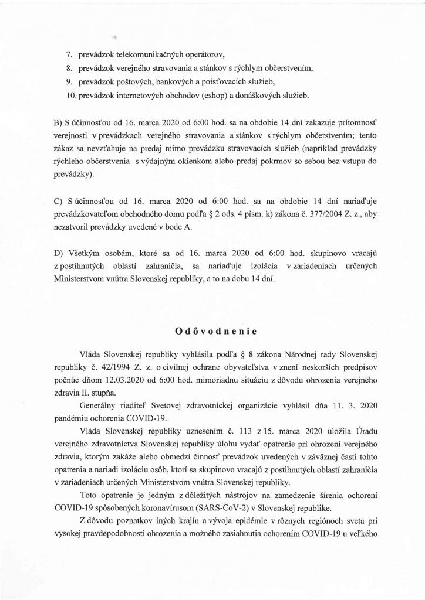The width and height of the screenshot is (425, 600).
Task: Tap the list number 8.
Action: tap(68, 68)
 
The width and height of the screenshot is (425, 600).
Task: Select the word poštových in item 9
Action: tap(121, 81)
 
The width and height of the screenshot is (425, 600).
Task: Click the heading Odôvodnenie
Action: tap(212, 331)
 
